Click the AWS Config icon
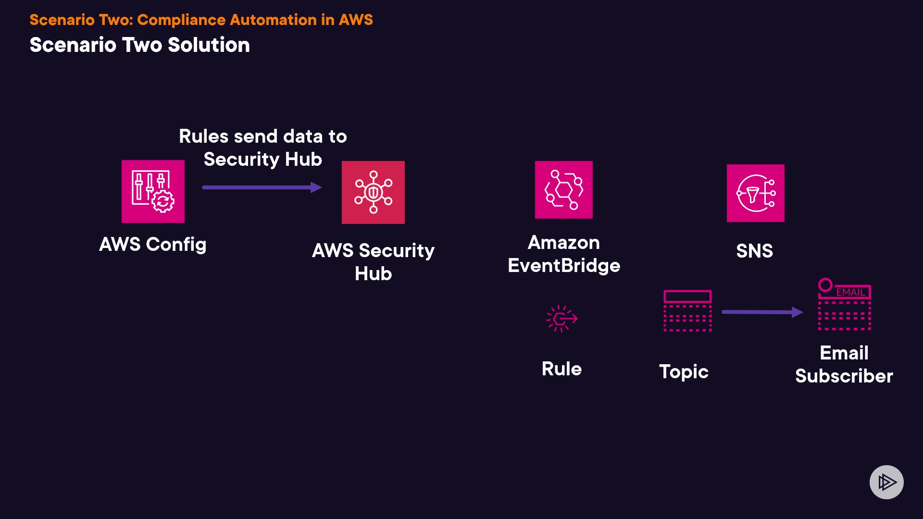point(153,191)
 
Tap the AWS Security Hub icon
point(373,192)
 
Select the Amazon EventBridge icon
point(563,190)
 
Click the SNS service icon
point(755,193)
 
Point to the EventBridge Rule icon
point(561,318)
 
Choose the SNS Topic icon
point(687,310)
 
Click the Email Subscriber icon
point(845,305)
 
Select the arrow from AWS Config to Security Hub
point(262,187)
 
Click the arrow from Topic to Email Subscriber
point(762,312)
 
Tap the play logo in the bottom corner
point(886,482)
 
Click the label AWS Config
point(153,245)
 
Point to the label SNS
point(755,251)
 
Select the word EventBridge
point(564,266)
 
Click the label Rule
point(561,369)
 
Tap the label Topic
point(684,372)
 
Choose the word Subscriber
point(844,376)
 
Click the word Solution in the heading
point(209,45)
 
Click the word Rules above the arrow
point(203,136)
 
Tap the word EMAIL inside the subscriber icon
point(850,292)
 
